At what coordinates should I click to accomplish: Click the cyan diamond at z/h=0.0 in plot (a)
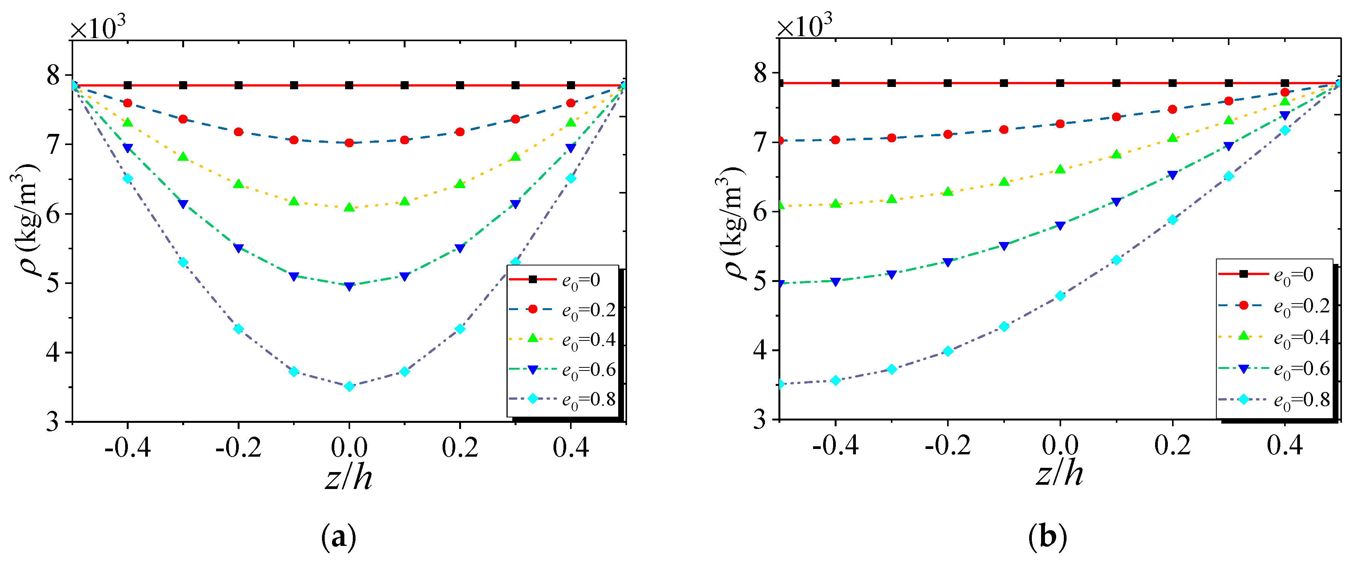coord(349,387)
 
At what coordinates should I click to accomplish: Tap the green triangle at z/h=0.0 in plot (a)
coord(349,207)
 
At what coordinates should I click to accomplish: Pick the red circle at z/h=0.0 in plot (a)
coord(349,142)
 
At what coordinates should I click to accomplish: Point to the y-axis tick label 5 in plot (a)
coord(53,283)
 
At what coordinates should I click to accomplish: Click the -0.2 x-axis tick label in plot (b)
coord(948,446)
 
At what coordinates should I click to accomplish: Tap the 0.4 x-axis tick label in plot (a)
coord(571,448)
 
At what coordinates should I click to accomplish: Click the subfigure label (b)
coord(1048,537)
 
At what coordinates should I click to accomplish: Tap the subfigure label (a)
coord(339,537)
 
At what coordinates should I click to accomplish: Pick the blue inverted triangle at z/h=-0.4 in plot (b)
coord(835,282)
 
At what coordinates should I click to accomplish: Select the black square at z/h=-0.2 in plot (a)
coord(238,85)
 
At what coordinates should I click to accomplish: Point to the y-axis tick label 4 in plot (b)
coord(760,350)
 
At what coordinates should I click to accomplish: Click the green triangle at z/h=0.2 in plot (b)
coord(1173,138)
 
